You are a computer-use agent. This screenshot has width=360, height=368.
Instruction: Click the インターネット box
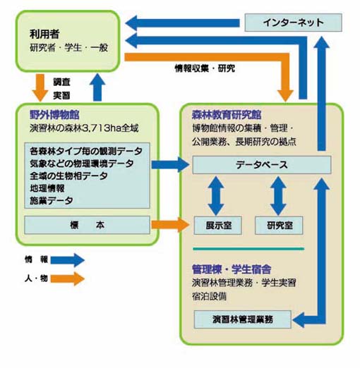point(293,23)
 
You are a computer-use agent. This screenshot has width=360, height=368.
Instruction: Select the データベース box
point(262,165)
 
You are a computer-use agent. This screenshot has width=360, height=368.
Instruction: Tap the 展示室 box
point(218,226)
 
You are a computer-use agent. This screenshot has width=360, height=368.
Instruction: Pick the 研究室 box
point(279,226)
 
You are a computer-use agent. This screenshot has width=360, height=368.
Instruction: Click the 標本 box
point(87,225)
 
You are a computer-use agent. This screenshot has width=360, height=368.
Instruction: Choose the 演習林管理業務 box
point(243,319)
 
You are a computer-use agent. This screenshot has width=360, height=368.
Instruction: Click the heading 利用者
point(44,34)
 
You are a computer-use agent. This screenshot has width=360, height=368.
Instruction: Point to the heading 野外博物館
point(54,115)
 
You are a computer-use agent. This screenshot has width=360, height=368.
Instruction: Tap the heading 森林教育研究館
point(227,115)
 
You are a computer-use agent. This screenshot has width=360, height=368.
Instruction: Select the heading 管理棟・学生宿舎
point(232,269)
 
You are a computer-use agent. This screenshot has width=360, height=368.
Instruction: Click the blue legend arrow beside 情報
point(68,260)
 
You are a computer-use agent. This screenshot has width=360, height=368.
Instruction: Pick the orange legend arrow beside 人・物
point(68,278)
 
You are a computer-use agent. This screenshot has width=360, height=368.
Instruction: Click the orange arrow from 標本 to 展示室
point(170,225)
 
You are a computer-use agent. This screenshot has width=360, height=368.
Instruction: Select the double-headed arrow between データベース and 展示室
point(216,195)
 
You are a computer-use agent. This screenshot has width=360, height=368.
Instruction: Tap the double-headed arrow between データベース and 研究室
point(278,195)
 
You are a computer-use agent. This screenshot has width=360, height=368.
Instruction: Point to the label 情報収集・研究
point(205,68)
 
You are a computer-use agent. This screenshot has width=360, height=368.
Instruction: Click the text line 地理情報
point(47,188)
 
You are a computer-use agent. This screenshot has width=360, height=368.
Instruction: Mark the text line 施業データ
point(51,200)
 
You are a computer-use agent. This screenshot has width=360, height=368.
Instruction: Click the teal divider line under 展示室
point(248,249)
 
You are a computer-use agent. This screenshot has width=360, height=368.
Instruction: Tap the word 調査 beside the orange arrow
point(61,82)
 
